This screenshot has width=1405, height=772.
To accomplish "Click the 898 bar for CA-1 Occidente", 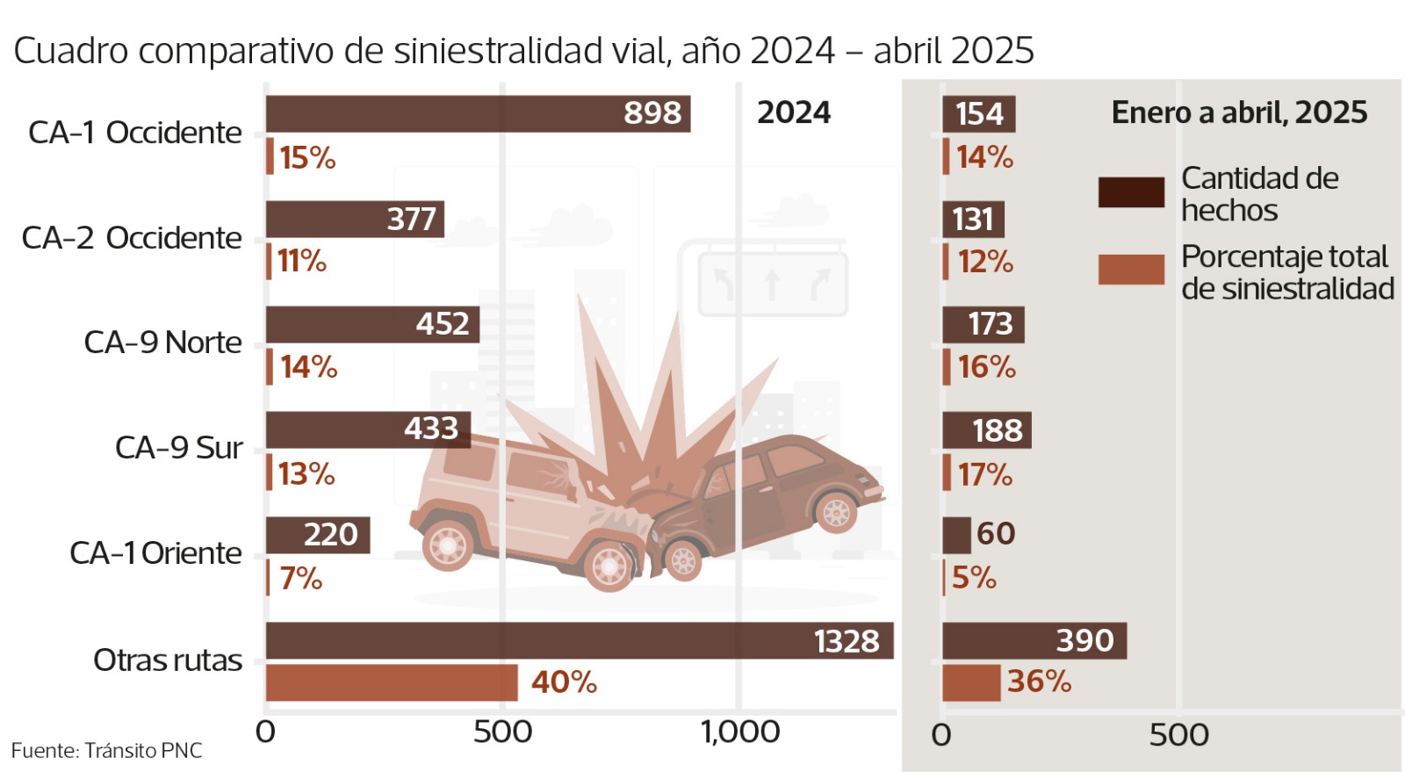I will coord(478,114).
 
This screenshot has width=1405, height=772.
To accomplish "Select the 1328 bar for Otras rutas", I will coord(580,640).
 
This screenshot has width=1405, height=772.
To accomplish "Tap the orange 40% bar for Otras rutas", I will coord(392,682).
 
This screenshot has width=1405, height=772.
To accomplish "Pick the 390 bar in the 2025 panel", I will coord(1034,640).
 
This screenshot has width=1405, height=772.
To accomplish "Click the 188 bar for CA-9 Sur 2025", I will coord(986,430).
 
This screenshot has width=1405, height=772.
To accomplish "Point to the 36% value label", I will coord(1039,682).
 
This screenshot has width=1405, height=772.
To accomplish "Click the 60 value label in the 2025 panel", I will coord(996,534).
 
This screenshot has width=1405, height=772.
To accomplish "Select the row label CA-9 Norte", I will coord(162,343).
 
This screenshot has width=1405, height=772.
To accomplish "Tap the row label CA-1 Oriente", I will coord(155,553).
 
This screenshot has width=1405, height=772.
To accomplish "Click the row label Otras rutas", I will coord(167,660).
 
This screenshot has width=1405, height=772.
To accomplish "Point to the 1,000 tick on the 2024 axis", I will coord(739,732).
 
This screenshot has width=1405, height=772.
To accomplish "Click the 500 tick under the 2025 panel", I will coord(1178,735).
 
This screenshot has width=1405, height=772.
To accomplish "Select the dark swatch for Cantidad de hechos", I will coord(1131,192).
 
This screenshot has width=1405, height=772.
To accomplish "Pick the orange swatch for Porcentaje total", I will coord(1131,270).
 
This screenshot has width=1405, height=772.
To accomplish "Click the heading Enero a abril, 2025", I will coord(1239,112).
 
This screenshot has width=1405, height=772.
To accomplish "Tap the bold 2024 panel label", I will coord(793,112).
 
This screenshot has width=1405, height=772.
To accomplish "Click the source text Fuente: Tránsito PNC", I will coord(106,751).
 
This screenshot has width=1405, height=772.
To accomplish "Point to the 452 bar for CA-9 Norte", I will coord(372,325).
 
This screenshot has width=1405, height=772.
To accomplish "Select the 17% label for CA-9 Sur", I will coord(984,475).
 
